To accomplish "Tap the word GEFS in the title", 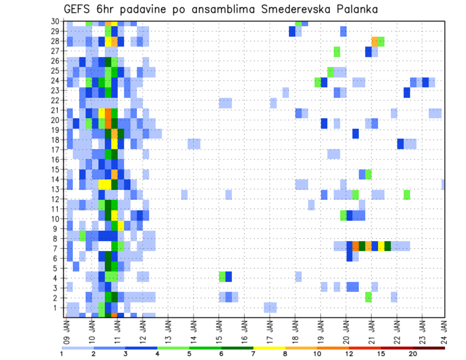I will coord(77,9).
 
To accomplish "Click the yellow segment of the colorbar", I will coord(269,348).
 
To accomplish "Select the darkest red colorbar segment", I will coord(429,348).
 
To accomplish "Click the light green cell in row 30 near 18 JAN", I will coord(298,23).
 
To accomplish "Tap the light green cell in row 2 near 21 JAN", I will coord(368,297).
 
